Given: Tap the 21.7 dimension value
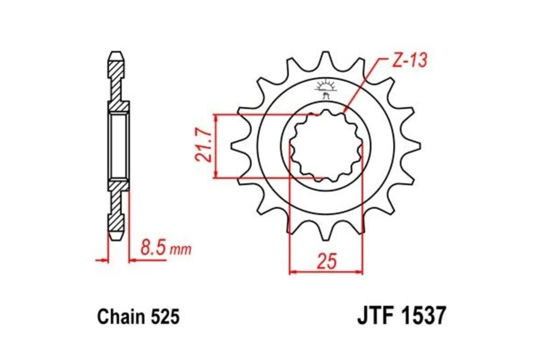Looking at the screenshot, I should [203, 146].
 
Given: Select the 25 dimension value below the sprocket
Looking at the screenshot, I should [327, 262].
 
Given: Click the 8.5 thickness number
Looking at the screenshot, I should [152, 249].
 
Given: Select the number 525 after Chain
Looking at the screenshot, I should [165, 317].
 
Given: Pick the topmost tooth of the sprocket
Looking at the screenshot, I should [325, 59].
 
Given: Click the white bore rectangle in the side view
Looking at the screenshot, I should [119, 146].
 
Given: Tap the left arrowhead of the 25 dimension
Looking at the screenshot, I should [293, 272].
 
